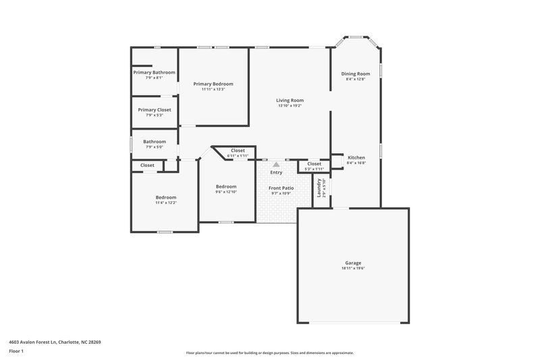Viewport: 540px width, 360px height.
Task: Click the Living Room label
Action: tap(290, 100)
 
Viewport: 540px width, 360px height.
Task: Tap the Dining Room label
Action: tap(355, 74)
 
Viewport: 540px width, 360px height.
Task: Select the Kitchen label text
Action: tap(356, 157)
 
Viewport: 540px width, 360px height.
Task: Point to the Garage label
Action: tap(353, 263)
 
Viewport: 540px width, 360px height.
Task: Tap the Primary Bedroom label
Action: tap(213, 84)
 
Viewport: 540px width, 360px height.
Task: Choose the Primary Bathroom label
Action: tap(154, 72)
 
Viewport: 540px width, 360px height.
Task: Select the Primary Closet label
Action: tap(154, 109)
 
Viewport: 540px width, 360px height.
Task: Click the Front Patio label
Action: tap(281, 188)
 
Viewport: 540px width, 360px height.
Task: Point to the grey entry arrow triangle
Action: tap(275, 163)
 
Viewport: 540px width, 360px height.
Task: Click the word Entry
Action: tap(276, 172)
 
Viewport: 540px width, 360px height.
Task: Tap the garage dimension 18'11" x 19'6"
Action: tap(353, 268)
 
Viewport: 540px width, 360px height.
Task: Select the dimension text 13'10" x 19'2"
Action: tap(290, 105)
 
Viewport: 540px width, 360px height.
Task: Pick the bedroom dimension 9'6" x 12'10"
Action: tap(226, 192)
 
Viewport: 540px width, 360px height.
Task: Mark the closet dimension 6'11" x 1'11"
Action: tap(238, 155)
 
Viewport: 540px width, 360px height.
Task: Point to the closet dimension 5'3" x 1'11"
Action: tap(314, 169)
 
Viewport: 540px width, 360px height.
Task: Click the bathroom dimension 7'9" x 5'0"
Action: tap(154, 147)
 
